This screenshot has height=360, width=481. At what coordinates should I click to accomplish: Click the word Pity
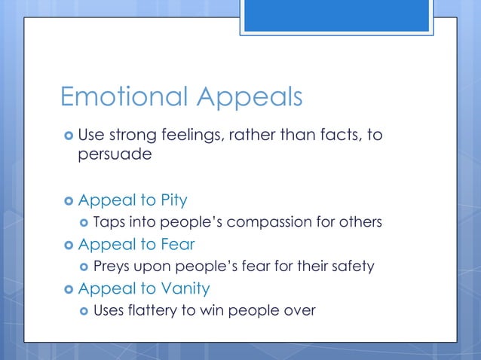[173, 200]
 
